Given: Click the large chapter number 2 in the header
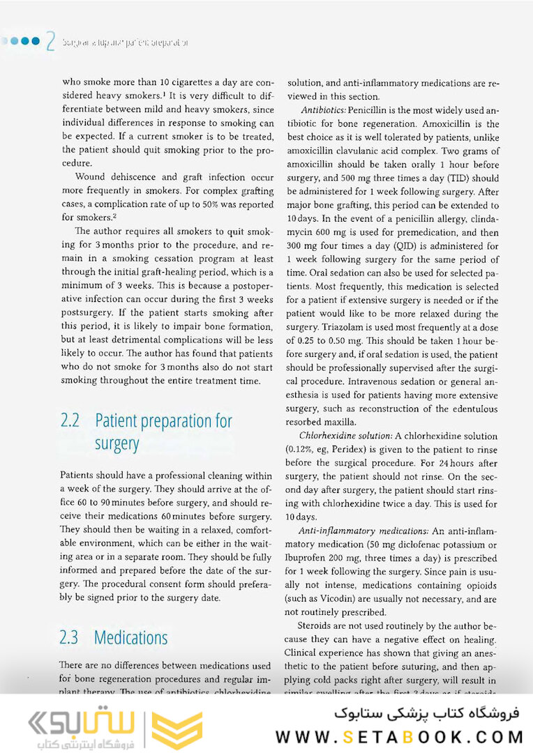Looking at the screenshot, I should pyautogui.click(x=50, y=41).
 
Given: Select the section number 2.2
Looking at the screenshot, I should pyautogui.click(x=70, y=421).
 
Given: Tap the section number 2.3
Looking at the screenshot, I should pyautogui.click(x=70, y=637).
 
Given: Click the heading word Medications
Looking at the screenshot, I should pyautogui.click(x=130, y=637).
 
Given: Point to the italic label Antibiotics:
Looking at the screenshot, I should pyautogui.click(x=324, y=110).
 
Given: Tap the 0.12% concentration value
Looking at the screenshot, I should pyautogui.click(x=302, y=449).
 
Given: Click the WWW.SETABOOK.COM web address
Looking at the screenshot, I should pyautogui.click(x=400, y=736).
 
